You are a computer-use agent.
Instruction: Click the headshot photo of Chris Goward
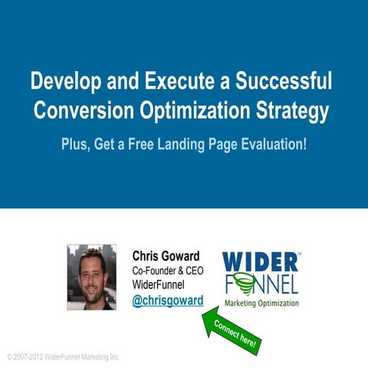tap(91, 277)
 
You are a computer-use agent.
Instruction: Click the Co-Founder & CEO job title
tap(167, 271)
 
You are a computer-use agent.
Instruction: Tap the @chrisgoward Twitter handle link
tap(168, 301)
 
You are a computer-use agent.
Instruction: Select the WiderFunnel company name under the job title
tap(162, 285)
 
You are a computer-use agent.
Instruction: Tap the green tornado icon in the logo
tap(244, 286)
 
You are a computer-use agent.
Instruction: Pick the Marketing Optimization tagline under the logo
tap(261, 303)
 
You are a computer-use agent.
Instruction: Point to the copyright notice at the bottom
tap(63, 357)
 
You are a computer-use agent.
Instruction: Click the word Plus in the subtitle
tap(76, 145)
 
